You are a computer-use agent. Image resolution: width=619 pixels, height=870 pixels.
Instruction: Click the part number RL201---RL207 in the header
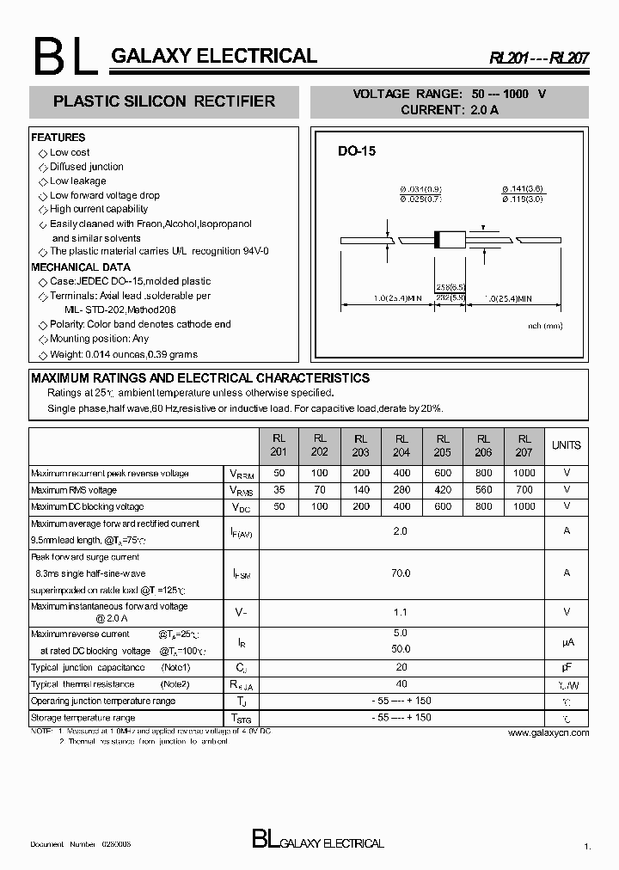pyautogui.click(x=540, y=58)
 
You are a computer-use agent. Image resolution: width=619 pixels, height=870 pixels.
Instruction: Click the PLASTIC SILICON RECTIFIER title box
pyautogui.click(x=164, y=101)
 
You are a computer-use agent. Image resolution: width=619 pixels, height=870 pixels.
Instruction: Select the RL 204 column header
pyautogui.click(x=401, y=445)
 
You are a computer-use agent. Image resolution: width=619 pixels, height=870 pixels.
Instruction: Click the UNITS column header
pyautogui.click(x=566, y=445)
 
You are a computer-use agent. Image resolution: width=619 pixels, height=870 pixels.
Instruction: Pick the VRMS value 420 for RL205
pyautogui.click(x=442, y=490)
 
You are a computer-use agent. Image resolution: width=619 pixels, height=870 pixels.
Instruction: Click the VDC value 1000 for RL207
pyautogui.click(x=524, y=506)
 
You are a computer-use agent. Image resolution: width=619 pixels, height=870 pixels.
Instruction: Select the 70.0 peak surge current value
pyautogui.click(x=401, y=573)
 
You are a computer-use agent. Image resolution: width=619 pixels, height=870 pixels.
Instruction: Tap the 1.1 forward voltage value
pyautogui.click(x=401, y=612)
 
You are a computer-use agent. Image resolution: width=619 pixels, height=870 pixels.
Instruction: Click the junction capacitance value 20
pyautogui.click(x=401, y=667)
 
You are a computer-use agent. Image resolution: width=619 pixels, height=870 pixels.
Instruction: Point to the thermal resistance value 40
pyautogui.click(x=401, y=684)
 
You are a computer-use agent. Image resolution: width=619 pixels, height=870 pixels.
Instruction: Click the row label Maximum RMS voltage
pyautogui.click(x=74, y=490)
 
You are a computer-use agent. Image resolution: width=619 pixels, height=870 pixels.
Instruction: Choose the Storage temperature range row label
pyautogui.click(x=83, y=718)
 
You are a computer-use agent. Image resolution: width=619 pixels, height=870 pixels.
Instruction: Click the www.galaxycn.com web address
pyautogui.click(x=549, y=732)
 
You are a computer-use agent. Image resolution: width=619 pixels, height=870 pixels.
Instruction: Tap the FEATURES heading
pyautogui.click(x=58, y=138)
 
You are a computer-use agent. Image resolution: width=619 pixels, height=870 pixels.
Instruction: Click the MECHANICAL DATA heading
pyautogui.click(x=81, y=267)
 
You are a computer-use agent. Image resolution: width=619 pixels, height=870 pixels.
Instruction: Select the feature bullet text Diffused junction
pyautogui.click(x=86, y=167)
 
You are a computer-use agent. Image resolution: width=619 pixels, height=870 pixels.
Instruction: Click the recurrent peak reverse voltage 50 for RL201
pyautogui.click(x=279, y=473)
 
